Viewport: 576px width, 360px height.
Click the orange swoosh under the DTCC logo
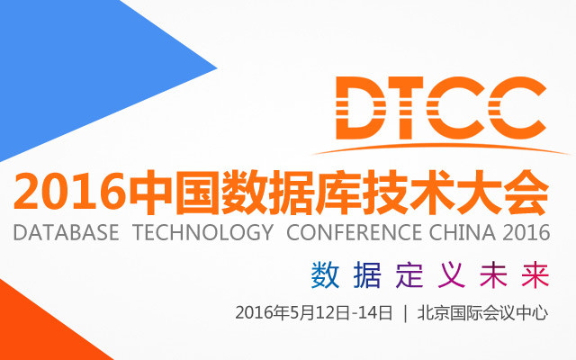click(x=441, y=147)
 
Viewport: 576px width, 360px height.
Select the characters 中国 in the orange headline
click(x=174, y=192)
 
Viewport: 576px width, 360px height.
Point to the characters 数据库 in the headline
click(x=290, y=192)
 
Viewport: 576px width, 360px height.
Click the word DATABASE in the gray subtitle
click(x=66, y=232)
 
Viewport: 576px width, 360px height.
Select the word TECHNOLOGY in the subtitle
click(x=202, y=232)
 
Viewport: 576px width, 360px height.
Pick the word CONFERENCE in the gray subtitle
click(x=354, y=232)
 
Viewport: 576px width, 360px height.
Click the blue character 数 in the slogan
click(x=325, y=274)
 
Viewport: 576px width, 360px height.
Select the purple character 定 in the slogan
click(x=409, y=274)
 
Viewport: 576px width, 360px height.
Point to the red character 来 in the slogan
click(x=535, y=274)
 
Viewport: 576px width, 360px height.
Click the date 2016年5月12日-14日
click(x=314, y=313)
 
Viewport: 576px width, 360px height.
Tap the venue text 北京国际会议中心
click(x=482, y=313)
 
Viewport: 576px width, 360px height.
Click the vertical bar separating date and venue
click(x=405, y=313)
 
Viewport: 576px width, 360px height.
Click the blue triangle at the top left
click(x=74, y=74)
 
